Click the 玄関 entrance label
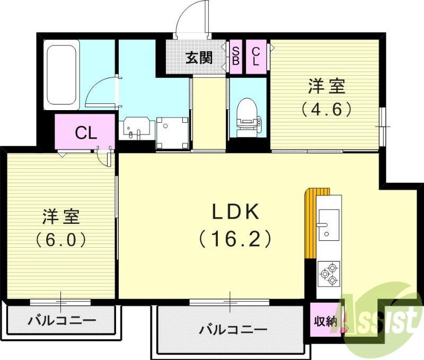point(199,57)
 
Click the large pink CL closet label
point(85,132)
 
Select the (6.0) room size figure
point(61,240)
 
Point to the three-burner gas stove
point(328,273)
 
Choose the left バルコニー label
point(62,320)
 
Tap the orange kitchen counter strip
point(310,222)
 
